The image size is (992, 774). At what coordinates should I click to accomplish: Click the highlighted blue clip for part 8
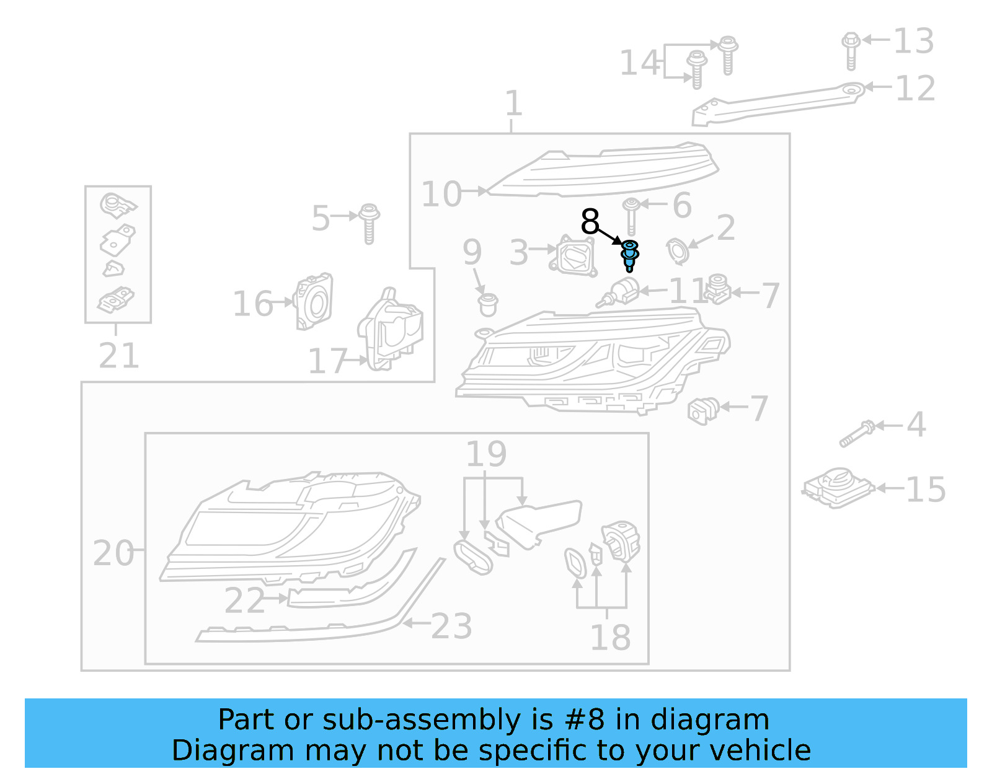tap(630, 255)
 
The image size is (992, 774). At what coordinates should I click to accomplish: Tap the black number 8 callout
tap(590, 221)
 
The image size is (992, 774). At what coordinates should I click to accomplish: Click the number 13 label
tap(913, 42)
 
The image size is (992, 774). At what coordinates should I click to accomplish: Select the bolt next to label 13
tap(851, 50)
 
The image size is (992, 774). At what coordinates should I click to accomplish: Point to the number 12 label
tap(915, 89)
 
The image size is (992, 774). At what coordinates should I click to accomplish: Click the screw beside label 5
tap(370, 223)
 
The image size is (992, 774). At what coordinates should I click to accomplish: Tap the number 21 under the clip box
tap(119, 356)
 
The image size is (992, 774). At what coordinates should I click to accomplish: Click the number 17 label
tap(328, 361)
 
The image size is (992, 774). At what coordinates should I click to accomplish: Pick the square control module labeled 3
tap(574, 256)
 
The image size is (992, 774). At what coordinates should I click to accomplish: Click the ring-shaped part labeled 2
tap(677, 251)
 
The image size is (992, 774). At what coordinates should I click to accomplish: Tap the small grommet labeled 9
tap(488, 304)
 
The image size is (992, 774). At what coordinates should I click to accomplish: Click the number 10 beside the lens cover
tap(441, 194)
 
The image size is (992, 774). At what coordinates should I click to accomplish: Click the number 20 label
tap(113, 553)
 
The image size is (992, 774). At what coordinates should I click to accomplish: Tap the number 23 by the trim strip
tap(451, 627)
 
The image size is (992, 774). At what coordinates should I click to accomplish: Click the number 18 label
tap(610, 638)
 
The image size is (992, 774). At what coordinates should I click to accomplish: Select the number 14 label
tap(640, 63)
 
